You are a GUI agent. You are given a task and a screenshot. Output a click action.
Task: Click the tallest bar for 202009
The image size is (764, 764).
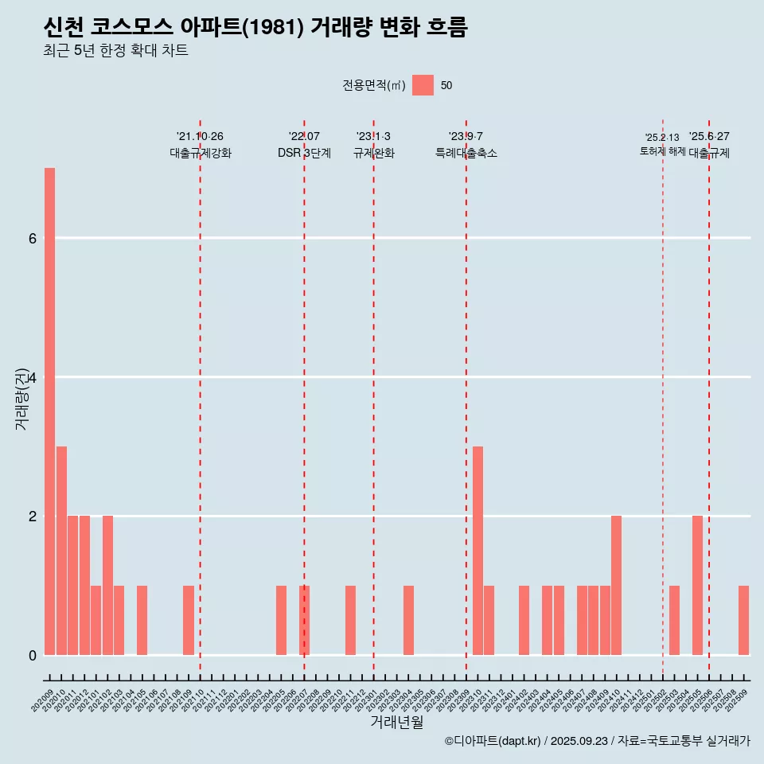point(49,411)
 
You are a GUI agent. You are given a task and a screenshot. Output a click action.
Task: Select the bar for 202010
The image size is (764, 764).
point(61,551)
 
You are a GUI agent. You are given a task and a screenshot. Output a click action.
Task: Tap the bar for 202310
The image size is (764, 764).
point(477,551)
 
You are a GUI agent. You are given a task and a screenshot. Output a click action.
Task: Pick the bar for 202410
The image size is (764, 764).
point(616,586)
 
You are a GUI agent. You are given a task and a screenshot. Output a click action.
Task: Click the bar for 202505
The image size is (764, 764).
point(697,586)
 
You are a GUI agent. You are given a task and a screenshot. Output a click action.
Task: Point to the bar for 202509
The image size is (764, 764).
point(743,621)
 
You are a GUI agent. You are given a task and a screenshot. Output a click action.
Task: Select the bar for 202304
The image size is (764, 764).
point(408,621)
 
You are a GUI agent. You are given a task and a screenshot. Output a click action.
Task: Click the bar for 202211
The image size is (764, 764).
point(350,621)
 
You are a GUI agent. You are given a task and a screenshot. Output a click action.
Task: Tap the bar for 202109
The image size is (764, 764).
point(189,621)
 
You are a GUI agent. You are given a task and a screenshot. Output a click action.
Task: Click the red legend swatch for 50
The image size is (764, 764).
point(423,85)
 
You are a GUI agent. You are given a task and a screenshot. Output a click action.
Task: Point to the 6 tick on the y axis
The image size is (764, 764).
point(32,238)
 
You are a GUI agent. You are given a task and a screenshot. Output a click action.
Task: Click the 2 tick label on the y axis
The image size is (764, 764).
point(32,516)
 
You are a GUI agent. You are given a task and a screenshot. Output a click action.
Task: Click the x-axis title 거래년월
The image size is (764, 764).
point(396,722)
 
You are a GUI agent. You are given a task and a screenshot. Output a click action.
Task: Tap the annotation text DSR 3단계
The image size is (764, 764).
point(304,153)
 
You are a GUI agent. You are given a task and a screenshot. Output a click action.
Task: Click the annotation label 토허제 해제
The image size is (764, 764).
point(662,151)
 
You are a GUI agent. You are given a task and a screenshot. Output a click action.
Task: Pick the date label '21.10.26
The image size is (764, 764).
point(200,137)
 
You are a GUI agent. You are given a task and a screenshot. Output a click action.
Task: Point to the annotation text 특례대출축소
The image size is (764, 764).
point(466,153)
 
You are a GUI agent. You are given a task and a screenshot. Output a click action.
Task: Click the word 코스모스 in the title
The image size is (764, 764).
point(131,28)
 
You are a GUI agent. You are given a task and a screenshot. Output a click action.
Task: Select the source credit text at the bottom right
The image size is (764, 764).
point(597,741)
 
